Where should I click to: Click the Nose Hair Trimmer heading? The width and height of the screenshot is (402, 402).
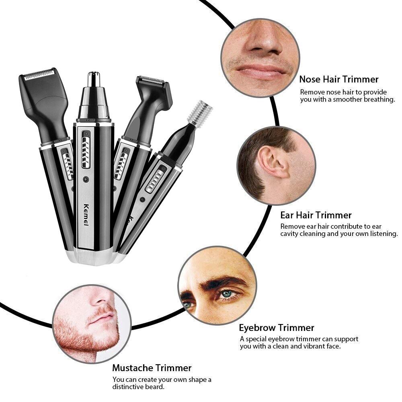coord(338,79)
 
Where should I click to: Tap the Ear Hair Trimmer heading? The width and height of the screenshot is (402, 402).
coord(316,215)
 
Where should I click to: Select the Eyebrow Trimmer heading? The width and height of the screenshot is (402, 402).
coord(277,328)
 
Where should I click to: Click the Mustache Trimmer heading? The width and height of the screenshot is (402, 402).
coord(152,367)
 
